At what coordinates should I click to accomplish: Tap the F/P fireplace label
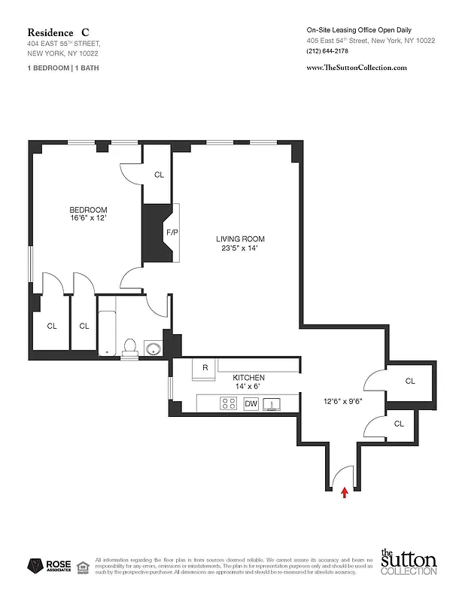[x=172, y=233]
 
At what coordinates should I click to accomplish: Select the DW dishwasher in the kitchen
[x=251, y=404]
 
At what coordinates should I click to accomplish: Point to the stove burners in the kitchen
[x=229, y=404]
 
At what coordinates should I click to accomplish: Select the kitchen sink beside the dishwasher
[x=273, y=404]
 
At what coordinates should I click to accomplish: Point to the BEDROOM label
[x=88, y=210]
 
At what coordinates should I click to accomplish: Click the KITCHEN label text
[x=248, y=378]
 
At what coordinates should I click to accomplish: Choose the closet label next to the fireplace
[x=159, y=175]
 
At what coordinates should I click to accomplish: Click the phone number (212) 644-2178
[x=328, y=51]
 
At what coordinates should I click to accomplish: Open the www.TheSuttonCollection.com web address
[x=357, y=68]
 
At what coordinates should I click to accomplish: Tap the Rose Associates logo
[x=49, y=566]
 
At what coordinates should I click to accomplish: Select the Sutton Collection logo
[x=408, y=563]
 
